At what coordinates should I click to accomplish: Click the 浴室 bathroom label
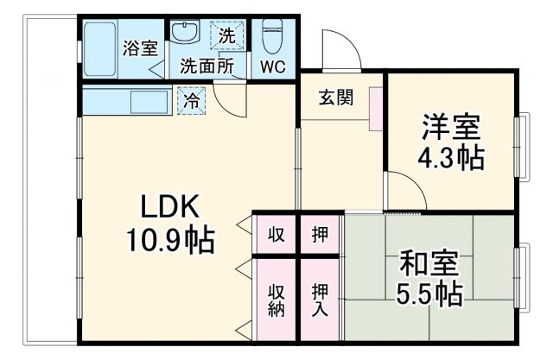137,48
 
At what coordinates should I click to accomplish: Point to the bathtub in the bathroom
103,48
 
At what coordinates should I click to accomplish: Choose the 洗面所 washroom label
207,66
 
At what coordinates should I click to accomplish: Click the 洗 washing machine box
227,36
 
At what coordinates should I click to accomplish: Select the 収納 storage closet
276,300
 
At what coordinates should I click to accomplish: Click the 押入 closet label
320,300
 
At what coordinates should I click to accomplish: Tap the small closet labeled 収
276,235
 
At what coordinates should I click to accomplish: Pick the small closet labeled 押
320,235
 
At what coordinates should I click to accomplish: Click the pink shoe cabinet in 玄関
375,107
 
